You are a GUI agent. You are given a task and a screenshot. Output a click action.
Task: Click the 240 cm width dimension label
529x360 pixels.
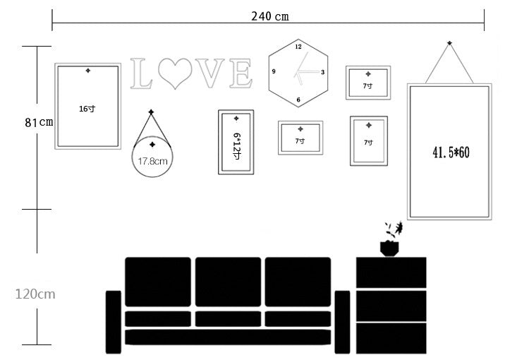tap(270, 16)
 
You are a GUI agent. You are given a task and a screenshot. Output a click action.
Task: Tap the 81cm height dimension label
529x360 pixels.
tap(39, 122)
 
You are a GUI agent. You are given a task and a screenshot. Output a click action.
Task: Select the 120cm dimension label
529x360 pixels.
tap(35, 294)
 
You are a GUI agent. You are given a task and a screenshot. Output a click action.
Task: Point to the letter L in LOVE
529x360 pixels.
tap(141, 74)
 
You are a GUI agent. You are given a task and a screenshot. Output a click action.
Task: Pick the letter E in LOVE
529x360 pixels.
tap(241, 74)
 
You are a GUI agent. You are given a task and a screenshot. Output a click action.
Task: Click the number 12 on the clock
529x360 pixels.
tap(298, 47)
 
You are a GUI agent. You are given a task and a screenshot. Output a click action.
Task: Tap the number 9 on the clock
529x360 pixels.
tap(274, 72)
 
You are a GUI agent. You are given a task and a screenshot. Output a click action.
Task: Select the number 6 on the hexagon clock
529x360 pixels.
tap(298, 100)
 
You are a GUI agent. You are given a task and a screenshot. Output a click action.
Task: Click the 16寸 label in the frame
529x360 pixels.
tap(87, 109)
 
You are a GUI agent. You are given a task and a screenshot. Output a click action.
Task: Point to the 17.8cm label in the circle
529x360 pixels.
tap(152, 161)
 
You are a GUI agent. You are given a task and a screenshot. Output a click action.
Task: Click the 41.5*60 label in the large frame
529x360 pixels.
tap(450, 152)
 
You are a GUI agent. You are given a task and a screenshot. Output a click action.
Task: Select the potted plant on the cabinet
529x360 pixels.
tap(390, 240)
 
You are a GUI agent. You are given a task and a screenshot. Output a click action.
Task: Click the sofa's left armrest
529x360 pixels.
tap(114, 320)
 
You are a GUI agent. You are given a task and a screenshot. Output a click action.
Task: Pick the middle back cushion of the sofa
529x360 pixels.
tap(228, 281)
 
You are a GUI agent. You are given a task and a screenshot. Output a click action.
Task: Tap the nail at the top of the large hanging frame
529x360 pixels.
tap(449, 43)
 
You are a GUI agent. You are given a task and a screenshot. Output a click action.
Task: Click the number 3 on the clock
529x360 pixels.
tap(323, 72)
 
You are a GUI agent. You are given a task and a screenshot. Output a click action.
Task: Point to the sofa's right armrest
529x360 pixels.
tap(342, 320)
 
